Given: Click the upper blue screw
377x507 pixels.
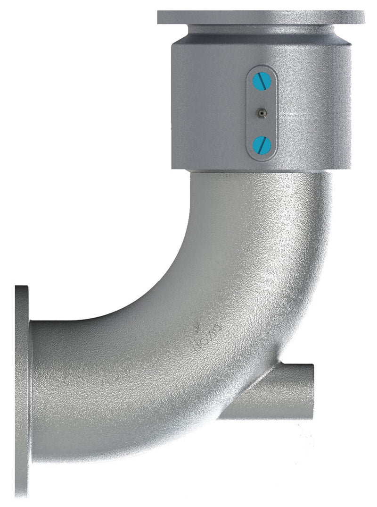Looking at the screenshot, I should pos(262,82).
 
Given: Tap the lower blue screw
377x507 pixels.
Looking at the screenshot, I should pos(262,145).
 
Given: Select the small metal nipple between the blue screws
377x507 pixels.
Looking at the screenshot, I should pos(261,113).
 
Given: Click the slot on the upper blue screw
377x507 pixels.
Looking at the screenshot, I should pos(262,82).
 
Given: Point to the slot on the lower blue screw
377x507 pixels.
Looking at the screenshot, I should pos(262,145).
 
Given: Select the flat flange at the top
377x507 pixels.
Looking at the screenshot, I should pos(261,17).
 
